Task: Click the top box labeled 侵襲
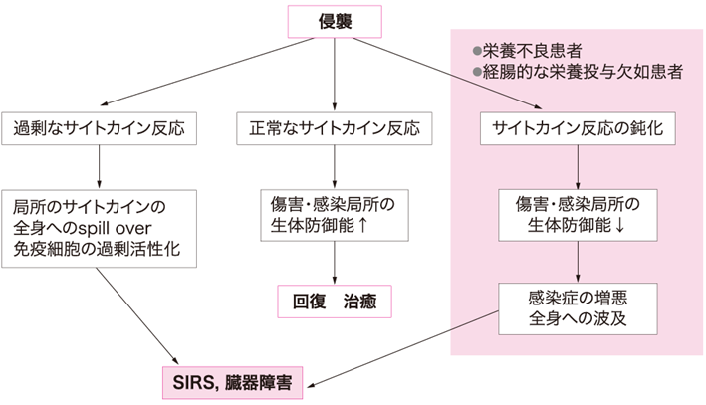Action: coord(334,20)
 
